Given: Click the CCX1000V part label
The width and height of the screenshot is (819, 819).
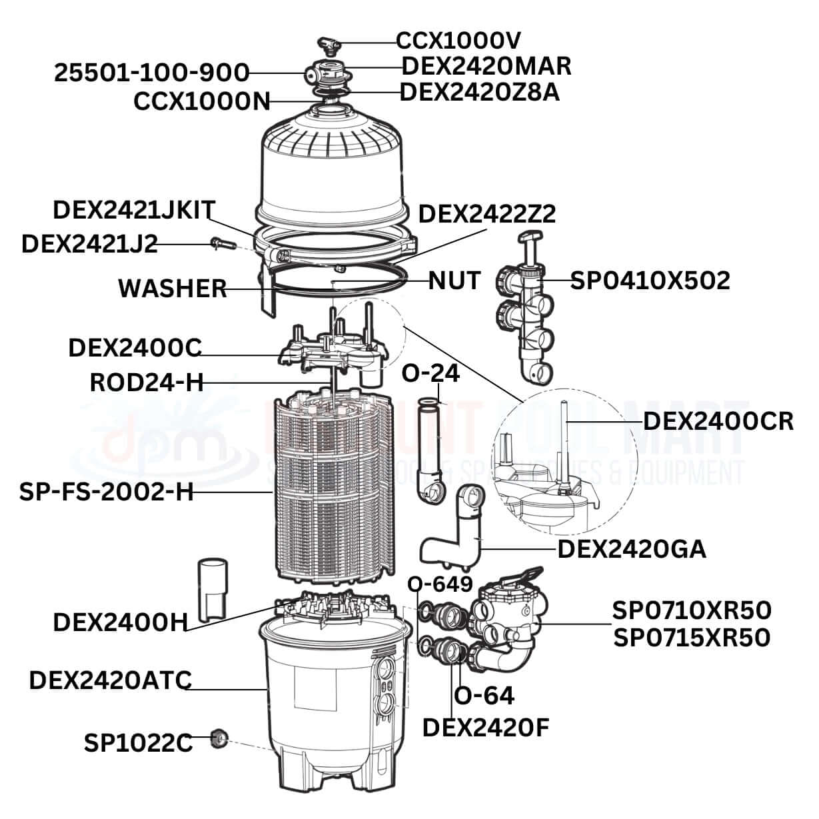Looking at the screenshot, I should click(457, 41).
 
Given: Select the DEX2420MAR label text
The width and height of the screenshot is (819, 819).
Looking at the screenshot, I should click(486, 66).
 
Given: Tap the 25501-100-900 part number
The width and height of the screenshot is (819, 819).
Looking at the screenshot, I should click(152, 73).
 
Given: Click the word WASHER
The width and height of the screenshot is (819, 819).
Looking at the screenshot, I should click(173, 289).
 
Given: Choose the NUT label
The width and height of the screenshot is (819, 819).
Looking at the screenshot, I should click(454, 281).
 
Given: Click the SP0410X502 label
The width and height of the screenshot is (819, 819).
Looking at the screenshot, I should click(650, 281).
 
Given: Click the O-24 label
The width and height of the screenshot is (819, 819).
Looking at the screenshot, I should click(430, 374).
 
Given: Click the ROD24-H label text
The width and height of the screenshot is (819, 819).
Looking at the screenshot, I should click(147, 383).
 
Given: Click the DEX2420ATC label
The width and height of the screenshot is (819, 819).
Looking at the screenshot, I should click(111, 680).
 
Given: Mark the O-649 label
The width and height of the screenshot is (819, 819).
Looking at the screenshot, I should click(440, 584).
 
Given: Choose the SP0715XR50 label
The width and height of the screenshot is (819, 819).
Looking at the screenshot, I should click(692, 637).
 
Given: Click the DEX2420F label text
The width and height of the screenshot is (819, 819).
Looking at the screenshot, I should click(486, 728).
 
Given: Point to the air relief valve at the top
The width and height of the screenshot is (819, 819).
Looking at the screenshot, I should click(327, 45).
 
